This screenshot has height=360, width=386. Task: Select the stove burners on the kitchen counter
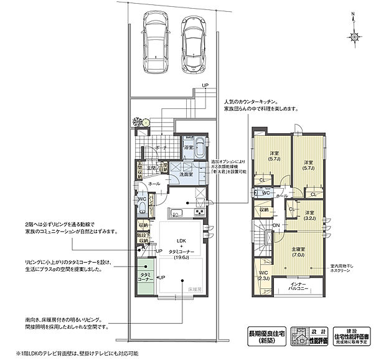[201, 211]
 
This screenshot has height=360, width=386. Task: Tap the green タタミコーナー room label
[146, 277]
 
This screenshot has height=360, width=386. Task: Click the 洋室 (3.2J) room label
[309, 216]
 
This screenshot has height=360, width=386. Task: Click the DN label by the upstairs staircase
[276, 225]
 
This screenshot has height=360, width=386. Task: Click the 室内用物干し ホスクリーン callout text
[344, 270]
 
